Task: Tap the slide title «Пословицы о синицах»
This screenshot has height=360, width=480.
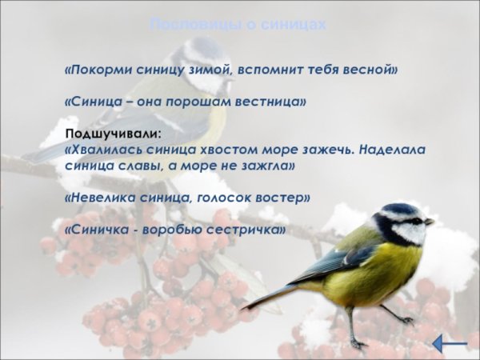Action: point(238,26)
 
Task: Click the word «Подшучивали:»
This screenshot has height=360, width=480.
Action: point(113,133)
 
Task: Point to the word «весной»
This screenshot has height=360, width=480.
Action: point(373,70)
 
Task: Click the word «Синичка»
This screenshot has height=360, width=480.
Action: point(98,229)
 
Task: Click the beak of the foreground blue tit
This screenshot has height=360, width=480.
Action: point(430,221)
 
